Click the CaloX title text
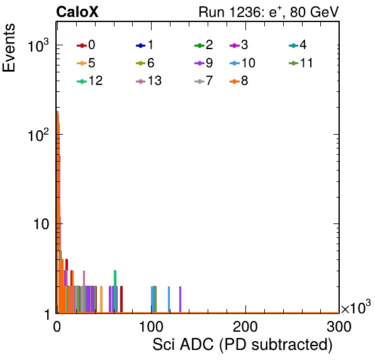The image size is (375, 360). pyautogui.click(x=77, y=12)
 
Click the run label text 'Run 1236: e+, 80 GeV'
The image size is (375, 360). pyautogui.click(x=269, y=12)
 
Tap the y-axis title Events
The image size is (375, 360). pyautogui.click(x=9, y=48)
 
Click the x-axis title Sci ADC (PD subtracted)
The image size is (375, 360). pyautogui.click(x=242, y=345)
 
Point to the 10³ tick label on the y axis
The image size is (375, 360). pyautogui.click(x=38, y=45)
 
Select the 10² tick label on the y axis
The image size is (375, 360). pyautogui.click(x=38, y=135)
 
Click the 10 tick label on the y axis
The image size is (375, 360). pyautogui.click(x=41, y=224)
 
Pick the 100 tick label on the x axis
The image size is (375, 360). pyautogui.click(x=151, y=326)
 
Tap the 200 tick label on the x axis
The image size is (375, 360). pyautogui.click(x=245, y=326)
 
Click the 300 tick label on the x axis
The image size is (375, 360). pyautogui.click(x=339, y=326)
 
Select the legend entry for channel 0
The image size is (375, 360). pyautogui.click(x=86, y=45)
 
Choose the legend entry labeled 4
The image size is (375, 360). pyautogui.click(x=298, y=45)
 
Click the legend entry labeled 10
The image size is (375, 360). pyautogui.click(x=242, y=63)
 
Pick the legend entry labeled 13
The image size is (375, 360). pyautogui.click(x=148, y=81)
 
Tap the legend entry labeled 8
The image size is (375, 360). pyautogui.click(x=239, y=81)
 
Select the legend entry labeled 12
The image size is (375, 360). pyautogui.click(x=90, y=81)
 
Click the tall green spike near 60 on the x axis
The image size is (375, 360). pyautogui.click(x=115, y=291)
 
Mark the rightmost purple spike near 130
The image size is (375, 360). pyautogui.click(x=180, y=300)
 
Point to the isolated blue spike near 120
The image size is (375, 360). pyautogui.click(x=169, y=300)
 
